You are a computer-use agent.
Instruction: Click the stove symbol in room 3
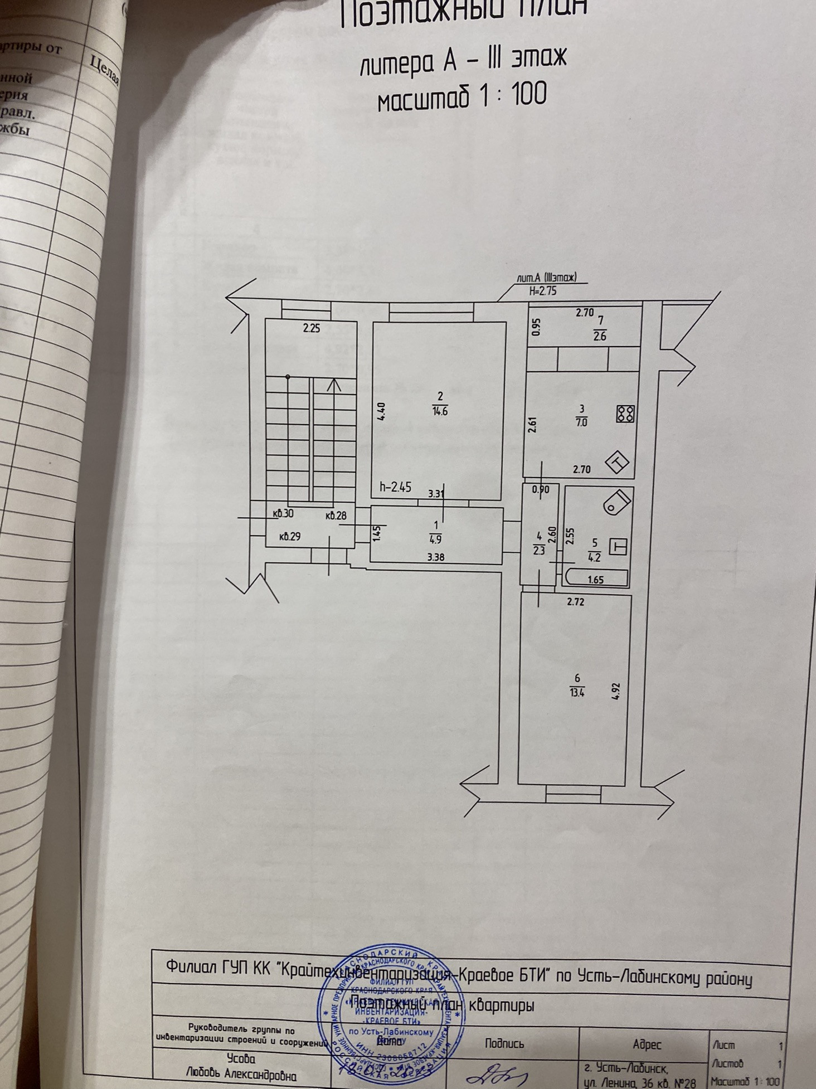point(626,414)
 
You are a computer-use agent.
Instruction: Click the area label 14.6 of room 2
point(440,411)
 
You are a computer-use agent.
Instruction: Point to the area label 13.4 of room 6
point(577,693)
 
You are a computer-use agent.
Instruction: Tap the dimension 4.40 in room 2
point(381,412)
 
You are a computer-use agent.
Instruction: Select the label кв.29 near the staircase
point(290,537)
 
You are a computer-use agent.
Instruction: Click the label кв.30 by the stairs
point(284,514)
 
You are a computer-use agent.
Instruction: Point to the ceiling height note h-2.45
point(396,487)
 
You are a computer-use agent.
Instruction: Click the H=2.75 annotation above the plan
point(543,290)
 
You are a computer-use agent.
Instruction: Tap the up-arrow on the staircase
point(334,385)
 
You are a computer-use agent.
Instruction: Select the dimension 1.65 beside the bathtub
point(595,580)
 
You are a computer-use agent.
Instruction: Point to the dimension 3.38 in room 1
point(435,556)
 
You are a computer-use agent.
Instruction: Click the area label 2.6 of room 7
point(600,336)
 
